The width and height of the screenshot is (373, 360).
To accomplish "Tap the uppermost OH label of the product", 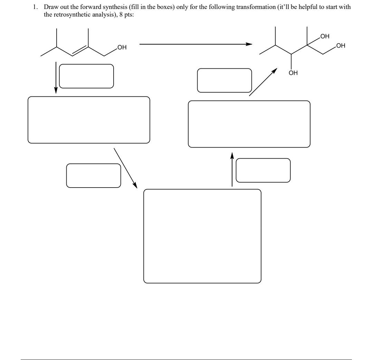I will pos(325,36).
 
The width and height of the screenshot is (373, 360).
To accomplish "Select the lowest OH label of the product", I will pos(293,73).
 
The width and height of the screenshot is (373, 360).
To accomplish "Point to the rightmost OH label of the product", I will pos(341,46).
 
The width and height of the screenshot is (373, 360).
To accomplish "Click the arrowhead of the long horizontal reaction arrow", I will pos(249,44).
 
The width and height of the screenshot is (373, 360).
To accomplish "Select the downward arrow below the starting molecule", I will pos(56,78).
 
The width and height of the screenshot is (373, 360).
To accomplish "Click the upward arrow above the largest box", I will pos(232,169).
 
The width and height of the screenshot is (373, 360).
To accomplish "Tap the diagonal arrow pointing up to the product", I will pos(263,82).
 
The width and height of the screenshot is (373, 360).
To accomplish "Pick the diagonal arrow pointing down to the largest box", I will pos(125,168).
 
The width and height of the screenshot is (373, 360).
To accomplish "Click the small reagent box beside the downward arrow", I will pos(86,76).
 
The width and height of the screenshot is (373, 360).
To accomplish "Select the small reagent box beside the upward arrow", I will pos(263,170).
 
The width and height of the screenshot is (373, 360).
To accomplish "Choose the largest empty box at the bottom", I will pos(202,236).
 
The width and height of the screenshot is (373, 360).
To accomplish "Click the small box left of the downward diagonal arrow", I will pos(94,176).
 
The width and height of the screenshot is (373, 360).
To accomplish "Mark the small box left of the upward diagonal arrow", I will pos(224,80).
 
